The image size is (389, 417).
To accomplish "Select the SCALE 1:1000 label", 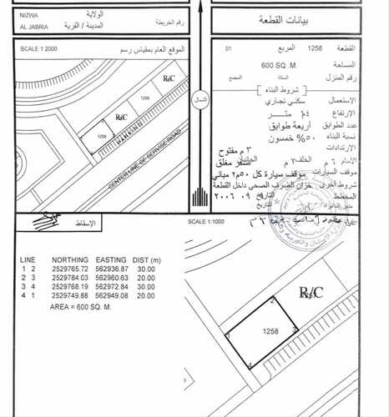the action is click(x=204, y=221).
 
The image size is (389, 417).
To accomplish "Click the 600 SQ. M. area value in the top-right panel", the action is click(x=278, y=64).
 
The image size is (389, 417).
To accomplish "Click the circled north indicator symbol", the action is click(x=200, y=98).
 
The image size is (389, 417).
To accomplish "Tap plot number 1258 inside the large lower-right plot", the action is click(x=270, y=331).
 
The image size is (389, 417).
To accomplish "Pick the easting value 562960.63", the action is click(x=111, y=278).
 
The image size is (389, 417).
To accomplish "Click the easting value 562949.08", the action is click(x=111, y=295).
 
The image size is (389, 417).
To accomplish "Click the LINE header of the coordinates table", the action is click(x=28, y=260).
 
